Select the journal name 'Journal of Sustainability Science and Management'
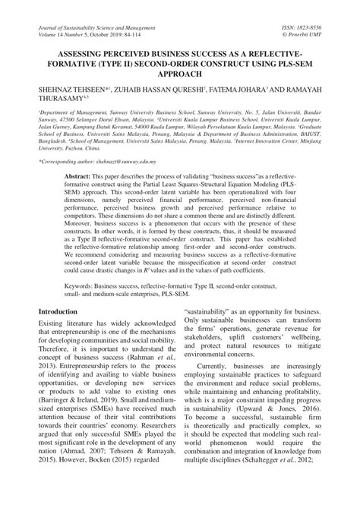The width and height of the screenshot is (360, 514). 102,25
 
